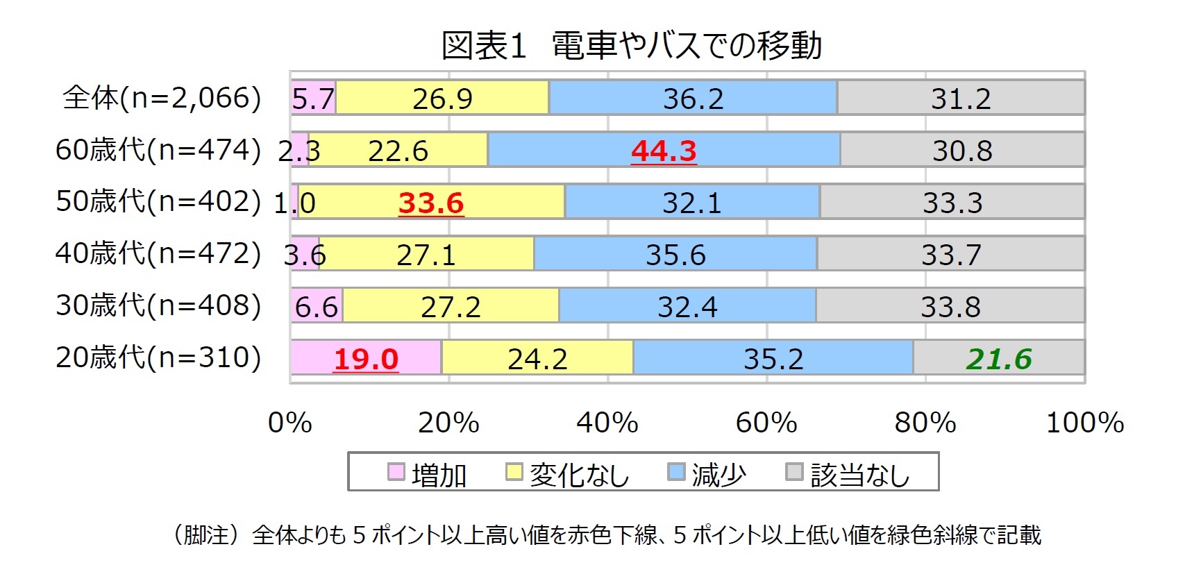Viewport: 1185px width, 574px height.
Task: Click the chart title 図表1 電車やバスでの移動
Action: click(x=632, y=46)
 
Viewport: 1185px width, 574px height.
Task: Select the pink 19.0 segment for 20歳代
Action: click(x=366, y=358)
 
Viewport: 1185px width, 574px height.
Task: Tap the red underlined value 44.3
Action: click(x=664, y=151)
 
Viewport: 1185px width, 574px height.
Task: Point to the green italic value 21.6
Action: click(x=999, y=359)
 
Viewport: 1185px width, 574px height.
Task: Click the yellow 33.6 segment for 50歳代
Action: click(x=431, y=203)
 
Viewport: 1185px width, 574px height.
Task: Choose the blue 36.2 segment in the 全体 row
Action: click(x=693, y=98)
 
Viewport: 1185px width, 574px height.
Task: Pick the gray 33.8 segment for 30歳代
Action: click(x=950, y=306)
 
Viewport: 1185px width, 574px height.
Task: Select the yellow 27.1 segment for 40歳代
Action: click(x=426, y=254)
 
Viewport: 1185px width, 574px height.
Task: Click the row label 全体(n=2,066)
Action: click(x=162, y=98)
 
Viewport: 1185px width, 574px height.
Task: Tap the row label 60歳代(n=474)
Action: click(x=158, y=150)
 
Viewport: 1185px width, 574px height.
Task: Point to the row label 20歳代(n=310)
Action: click(x=158, y=357)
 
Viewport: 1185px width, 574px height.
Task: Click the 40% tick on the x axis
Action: click(x=607, y=422)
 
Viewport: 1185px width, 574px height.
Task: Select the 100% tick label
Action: click(x=1085, y=422)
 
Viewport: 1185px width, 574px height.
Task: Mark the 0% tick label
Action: click(x=290, y=422)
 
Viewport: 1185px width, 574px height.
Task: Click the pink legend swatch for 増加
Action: click(x=396, y=472)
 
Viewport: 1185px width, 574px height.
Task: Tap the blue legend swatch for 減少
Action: click(x=675, y=472)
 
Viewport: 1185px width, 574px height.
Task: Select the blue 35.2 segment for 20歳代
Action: click(x=773, y=358)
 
